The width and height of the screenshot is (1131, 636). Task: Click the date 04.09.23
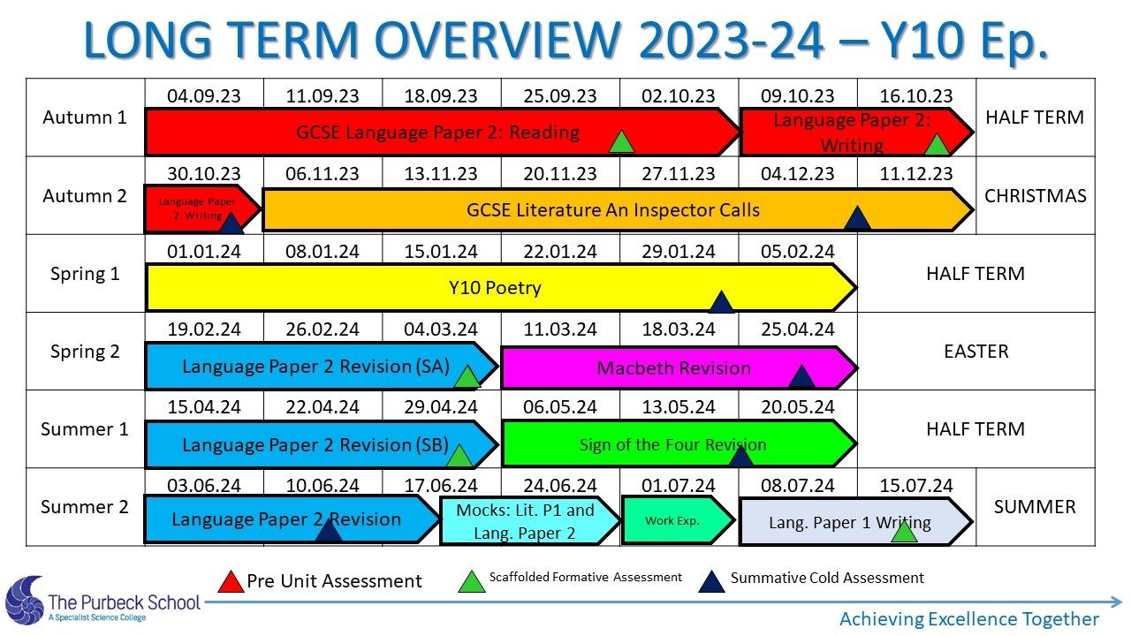pyautogui.click(x=204, y=96)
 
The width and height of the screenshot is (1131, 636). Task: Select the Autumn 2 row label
pyautogui.click(x=85, y=196)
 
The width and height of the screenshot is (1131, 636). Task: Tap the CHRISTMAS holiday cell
pyautogui.click(x=1035, y=196)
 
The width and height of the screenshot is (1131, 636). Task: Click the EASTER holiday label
pyautogui.click(x=976, y=352)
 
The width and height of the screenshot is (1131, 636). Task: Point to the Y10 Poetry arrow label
pyautogui.click(x=495, y=288)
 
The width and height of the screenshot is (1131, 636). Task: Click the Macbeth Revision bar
pyautogui.click(x=679, y=368)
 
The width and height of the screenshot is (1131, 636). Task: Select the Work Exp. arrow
pyautogui.click(x=678, y=520)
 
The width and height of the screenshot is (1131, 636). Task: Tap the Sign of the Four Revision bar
pyautogui.click(x=679, y=443)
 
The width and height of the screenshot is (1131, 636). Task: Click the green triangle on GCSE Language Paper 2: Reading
pyautogui.click(x=621, y=142)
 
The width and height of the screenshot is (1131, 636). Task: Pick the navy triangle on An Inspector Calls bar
pyautogui.click(x=857, y=218)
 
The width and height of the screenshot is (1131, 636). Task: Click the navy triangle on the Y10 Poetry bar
pyautogui.click(x=721, y=302)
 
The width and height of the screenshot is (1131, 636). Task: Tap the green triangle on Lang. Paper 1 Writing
pyautogui.click(x=904, y=532)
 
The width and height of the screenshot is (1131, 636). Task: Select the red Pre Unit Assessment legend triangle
pyautogui.click(x=231, y=581)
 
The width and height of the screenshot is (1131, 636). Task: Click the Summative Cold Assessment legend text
pyautogui.click(x=827, y=578)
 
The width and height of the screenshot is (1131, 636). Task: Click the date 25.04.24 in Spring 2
pyautogui.click(x=798, y=329)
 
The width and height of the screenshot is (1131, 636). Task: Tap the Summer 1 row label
pyautogui.click(x=85, y=429)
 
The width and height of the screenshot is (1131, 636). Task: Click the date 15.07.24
pyautogui.click(x=916, y=486)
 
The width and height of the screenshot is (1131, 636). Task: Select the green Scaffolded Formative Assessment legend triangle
pyautogui.click(x=472, y=581)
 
